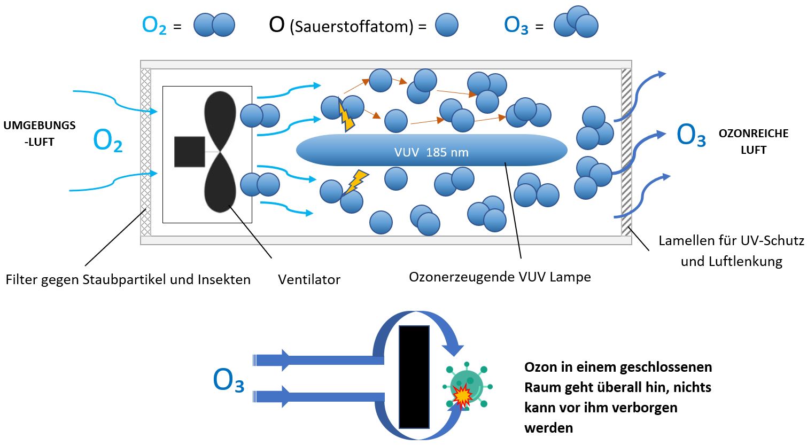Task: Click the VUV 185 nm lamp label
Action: pos(431,152)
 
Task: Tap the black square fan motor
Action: pos(190,152)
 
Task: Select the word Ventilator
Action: pos(309,279)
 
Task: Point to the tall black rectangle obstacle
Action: pos(414,377)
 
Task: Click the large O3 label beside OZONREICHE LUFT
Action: pos(691,135)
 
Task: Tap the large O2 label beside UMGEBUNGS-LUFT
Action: pos(107,141)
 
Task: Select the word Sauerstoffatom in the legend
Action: pos(352,26)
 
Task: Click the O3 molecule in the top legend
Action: pos(576,22)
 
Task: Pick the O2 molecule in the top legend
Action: pos(214,25)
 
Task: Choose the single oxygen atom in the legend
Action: pos(446,25)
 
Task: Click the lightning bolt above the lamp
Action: pos(346,118)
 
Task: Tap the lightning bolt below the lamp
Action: pos(355,181)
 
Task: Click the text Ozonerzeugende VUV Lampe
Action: pos(500,277)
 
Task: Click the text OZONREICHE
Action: pos(753,134)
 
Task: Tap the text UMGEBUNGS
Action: pos(40,126)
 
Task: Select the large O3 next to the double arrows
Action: pos(228,381)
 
